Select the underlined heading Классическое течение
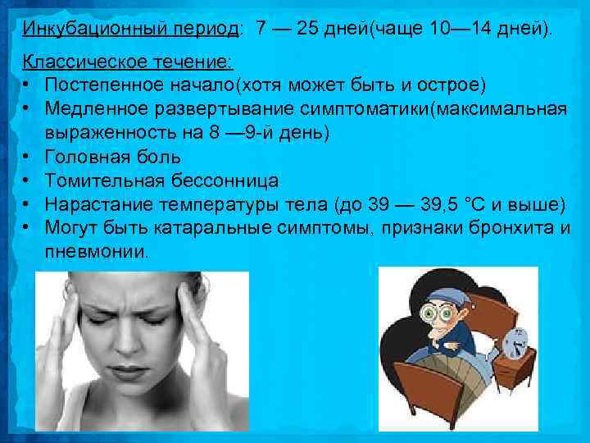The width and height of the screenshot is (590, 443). coord(127,63)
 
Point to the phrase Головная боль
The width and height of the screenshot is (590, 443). coord(113,156)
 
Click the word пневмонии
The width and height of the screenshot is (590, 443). coord(97,249)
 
